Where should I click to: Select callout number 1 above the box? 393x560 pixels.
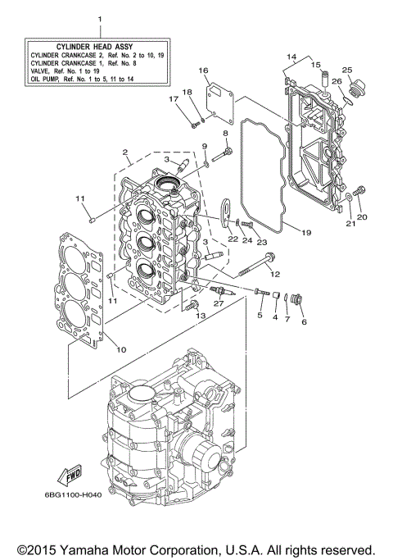[100, 18]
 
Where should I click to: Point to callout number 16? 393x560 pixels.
[203, 71]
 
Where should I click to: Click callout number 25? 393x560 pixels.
[347, 70]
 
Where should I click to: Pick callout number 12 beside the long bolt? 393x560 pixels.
[274, 274]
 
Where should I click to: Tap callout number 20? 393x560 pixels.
[363, 217]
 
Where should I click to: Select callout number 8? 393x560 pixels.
[225, 133]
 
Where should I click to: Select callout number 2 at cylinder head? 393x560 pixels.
[124, 153]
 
